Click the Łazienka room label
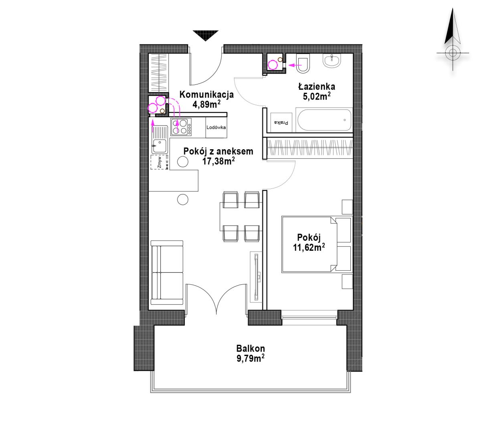(x=317, y=86)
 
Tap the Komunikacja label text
(x=206, y=94)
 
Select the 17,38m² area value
(x=218, y=161)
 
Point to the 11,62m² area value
(x=309, y=248)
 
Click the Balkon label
(x=251, y=348)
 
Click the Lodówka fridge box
(x=216, y=128)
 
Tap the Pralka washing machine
(x=281, y=122)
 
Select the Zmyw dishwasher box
(x=160, y=162)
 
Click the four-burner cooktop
(x=181, y=127)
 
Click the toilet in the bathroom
(x=303, y=63)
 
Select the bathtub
(x=323, y=120)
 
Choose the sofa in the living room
(x=167, y=273)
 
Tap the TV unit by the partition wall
(x=256, y=277)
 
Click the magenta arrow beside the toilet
(x=295, y=64)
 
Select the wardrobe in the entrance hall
(x=158, y=73)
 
